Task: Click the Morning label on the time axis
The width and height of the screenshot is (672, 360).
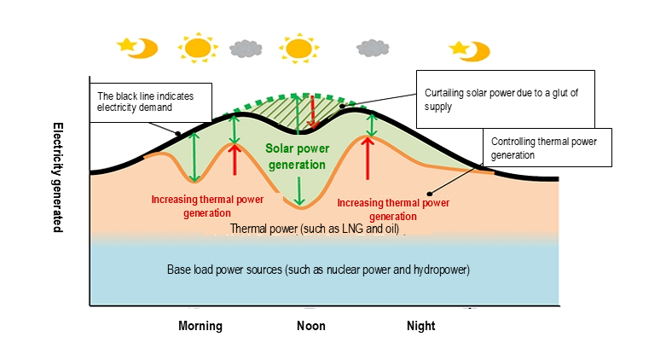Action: pos(200,326)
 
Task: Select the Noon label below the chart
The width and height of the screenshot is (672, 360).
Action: pos(311,326)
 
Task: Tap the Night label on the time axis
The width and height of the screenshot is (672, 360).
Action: pos(420,326)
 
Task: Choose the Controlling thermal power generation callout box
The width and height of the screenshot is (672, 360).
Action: pos(547,148)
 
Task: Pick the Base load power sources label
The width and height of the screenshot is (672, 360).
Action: pos(319,270)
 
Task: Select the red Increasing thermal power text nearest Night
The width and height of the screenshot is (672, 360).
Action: pos(393,209)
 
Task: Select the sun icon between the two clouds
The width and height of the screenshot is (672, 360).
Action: pos(298,47)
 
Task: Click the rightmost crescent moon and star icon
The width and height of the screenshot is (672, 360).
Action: pos(471,50)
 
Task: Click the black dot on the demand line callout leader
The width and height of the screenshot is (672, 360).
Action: pos(177,133)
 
